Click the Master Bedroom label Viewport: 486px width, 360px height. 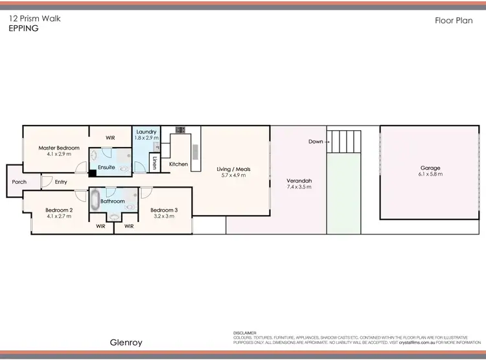point(58,148)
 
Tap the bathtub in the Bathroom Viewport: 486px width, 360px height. point(95,199)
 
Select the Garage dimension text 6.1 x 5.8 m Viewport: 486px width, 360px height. point(430,175)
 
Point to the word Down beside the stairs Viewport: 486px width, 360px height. point(316,141)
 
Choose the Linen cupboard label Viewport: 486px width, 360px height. point(154,164)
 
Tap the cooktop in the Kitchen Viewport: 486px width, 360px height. point(180,129)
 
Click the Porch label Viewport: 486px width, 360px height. point(19,182)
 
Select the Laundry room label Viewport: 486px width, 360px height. point(146,131)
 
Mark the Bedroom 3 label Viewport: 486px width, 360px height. point(163,210)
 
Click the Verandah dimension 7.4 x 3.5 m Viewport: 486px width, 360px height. point(299,186)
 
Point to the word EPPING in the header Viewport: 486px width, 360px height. point(23,29)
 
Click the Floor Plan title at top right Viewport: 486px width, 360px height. point(454,21)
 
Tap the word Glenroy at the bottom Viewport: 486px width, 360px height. point(126,343)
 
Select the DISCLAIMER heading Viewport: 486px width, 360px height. point(245,333)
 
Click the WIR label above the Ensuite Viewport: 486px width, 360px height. point(111,138)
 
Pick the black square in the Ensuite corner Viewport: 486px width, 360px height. point(93,173)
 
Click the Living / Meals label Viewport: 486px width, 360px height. point(233,169)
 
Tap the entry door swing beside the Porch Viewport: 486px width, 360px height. point(47,182)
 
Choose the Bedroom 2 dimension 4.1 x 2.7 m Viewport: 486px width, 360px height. point(58,216)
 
